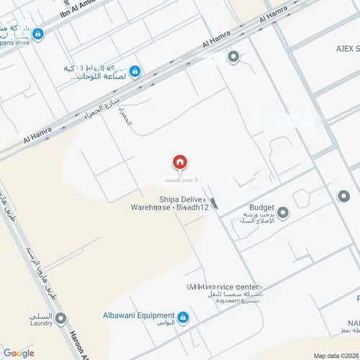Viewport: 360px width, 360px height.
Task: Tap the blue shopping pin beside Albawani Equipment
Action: tap(183, 317)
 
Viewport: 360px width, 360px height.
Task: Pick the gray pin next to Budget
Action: tap(283, 213)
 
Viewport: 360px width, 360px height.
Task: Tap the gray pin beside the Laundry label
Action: tap(60, 318)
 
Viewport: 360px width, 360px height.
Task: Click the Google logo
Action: tap(19, 352)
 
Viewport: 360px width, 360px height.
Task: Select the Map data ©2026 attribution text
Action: tap(336, 355)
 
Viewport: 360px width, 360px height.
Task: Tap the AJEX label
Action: tap(341, 48)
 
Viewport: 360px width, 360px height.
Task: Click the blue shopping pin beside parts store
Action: tap(37, 34)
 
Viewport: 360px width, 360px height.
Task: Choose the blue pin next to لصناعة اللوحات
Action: tap(135, 71)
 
